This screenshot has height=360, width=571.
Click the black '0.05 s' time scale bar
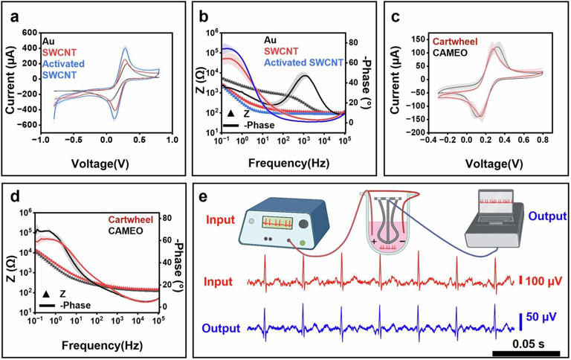click(x=526, y=353)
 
